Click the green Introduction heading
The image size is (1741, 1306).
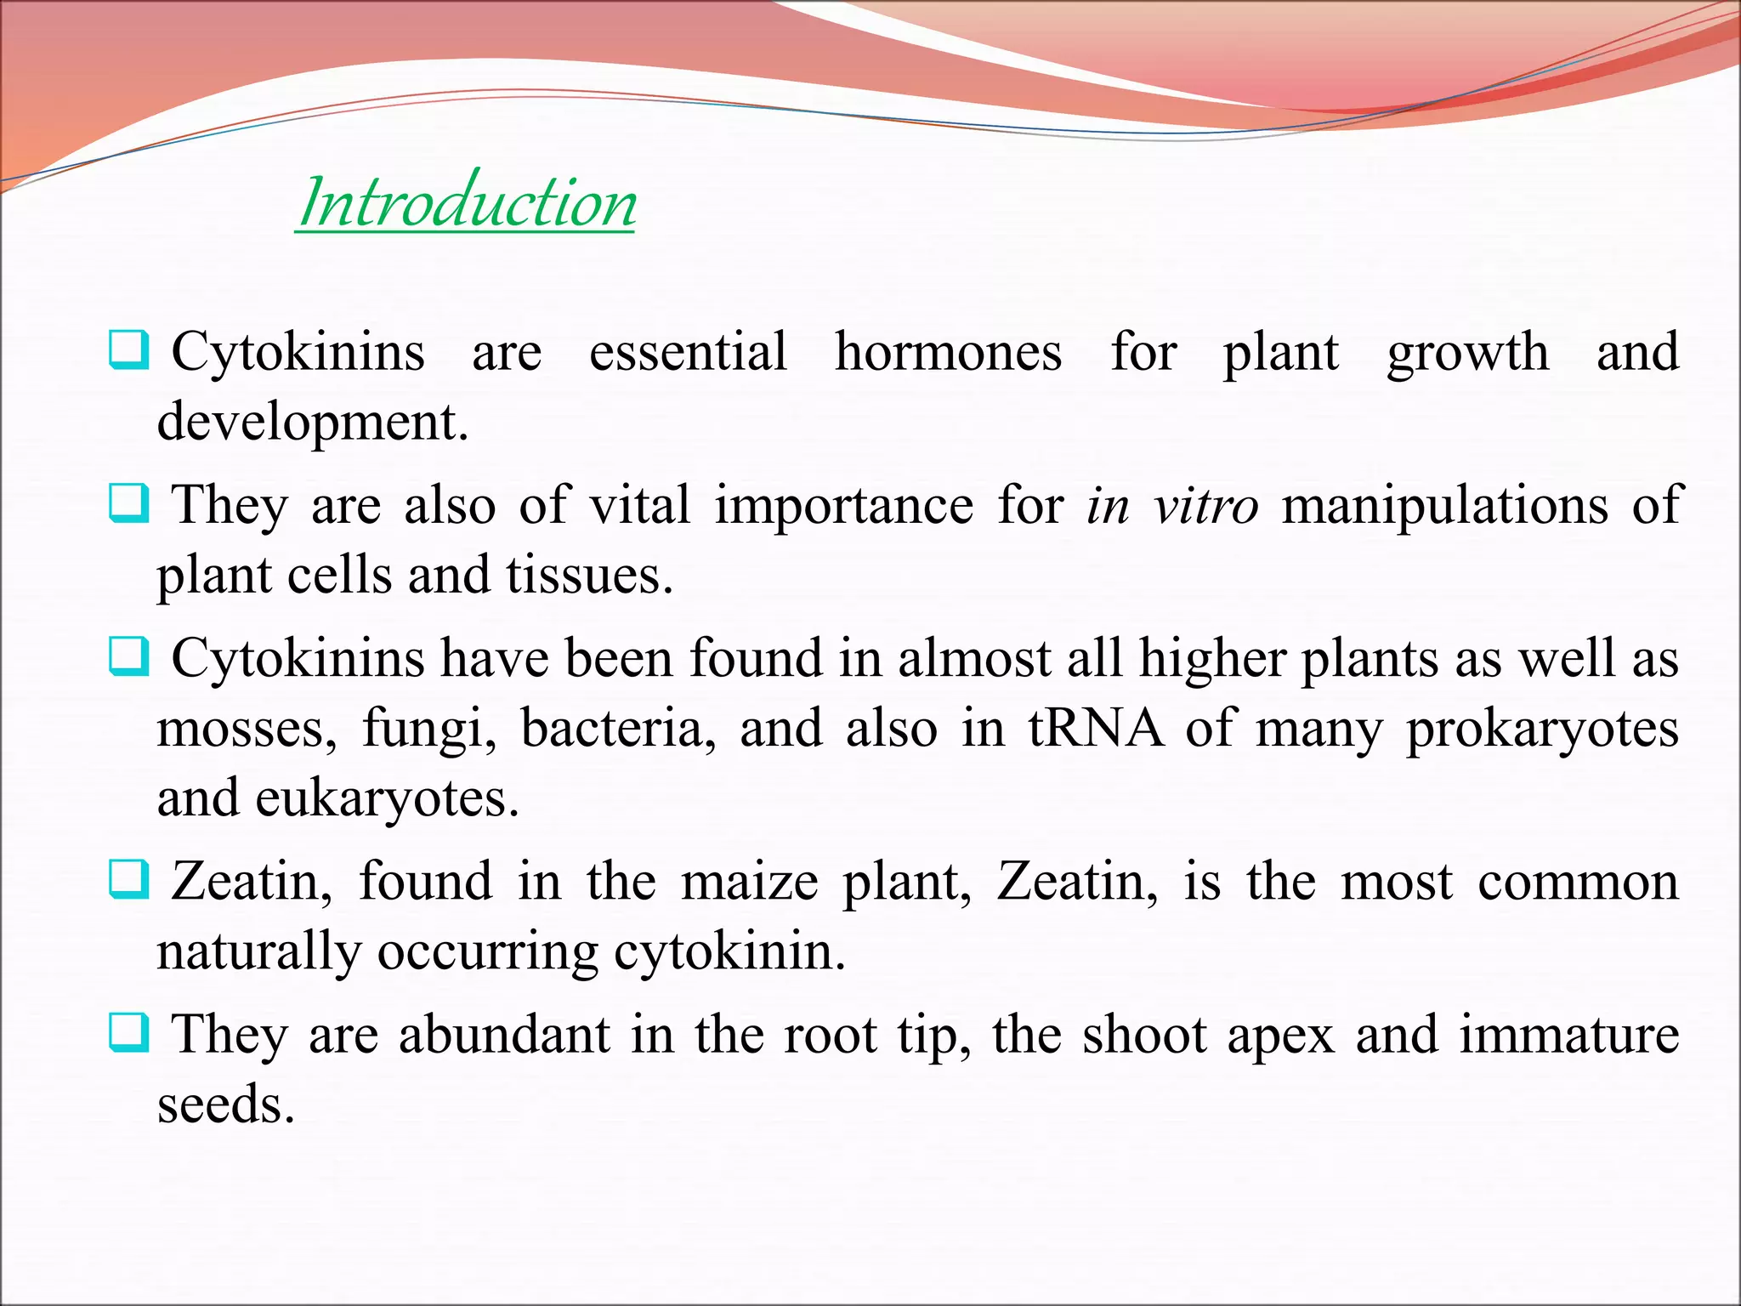tap(467, 204)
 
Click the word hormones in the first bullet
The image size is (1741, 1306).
tap(948, 352)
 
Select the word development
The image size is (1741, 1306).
tap(312, 423)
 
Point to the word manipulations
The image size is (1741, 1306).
tap(1444, 506)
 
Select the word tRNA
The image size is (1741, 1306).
tap(1096, 729)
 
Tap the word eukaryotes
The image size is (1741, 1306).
tap(387, 799)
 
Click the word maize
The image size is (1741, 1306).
tap(750, 882)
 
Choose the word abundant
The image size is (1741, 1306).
tap(504, 1036)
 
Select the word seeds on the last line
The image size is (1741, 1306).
tap(225, 1105)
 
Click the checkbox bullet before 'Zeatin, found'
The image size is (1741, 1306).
tap(129, 880)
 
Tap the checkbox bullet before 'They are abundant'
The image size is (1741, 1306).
tap(129, 1034)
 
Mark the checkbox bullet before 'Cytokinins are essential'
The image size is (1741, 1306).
tap(129, 350)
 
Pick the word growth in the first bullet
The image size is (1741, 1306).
tap(1467, 352)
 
